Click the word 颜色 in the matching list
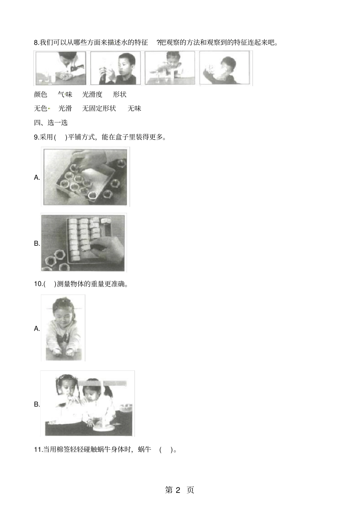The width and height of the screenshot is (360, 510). tap(41, 94)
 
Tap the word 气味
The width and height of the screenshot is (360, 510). tap(65, 94)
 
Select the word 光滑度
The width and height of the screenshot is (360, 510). tap(92, 94)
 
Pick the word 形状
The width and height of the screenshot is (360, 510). tap(120, 94)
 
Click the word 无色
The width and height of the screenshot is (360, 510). tap(41, 108)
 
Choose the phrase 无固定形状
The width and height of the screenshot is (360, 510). tap(99, 108)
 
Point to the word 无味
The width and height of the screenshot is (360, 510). tap(134, 108)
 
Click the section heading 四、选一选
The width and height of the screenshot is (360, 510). tap(51, 122)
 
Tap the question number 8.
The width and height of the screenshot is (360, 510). tap(36, 42)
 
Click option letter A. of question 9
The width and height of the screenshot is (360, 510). tap(37, 177)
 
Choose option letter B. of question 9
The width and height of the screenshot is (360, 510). tap(37, 243)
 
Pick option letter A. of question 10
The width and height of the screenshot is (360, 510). tap(37, 329)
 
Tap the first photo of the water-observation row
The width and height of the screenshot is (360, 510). tap(61, 68)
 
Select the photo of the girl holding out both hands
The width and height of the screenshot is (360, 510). tap(63, 328)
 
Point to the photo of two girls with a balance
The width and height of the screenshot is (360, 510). tap(88, 403)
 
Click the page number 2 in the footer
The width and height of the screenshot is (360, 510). tap(179, 490)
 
